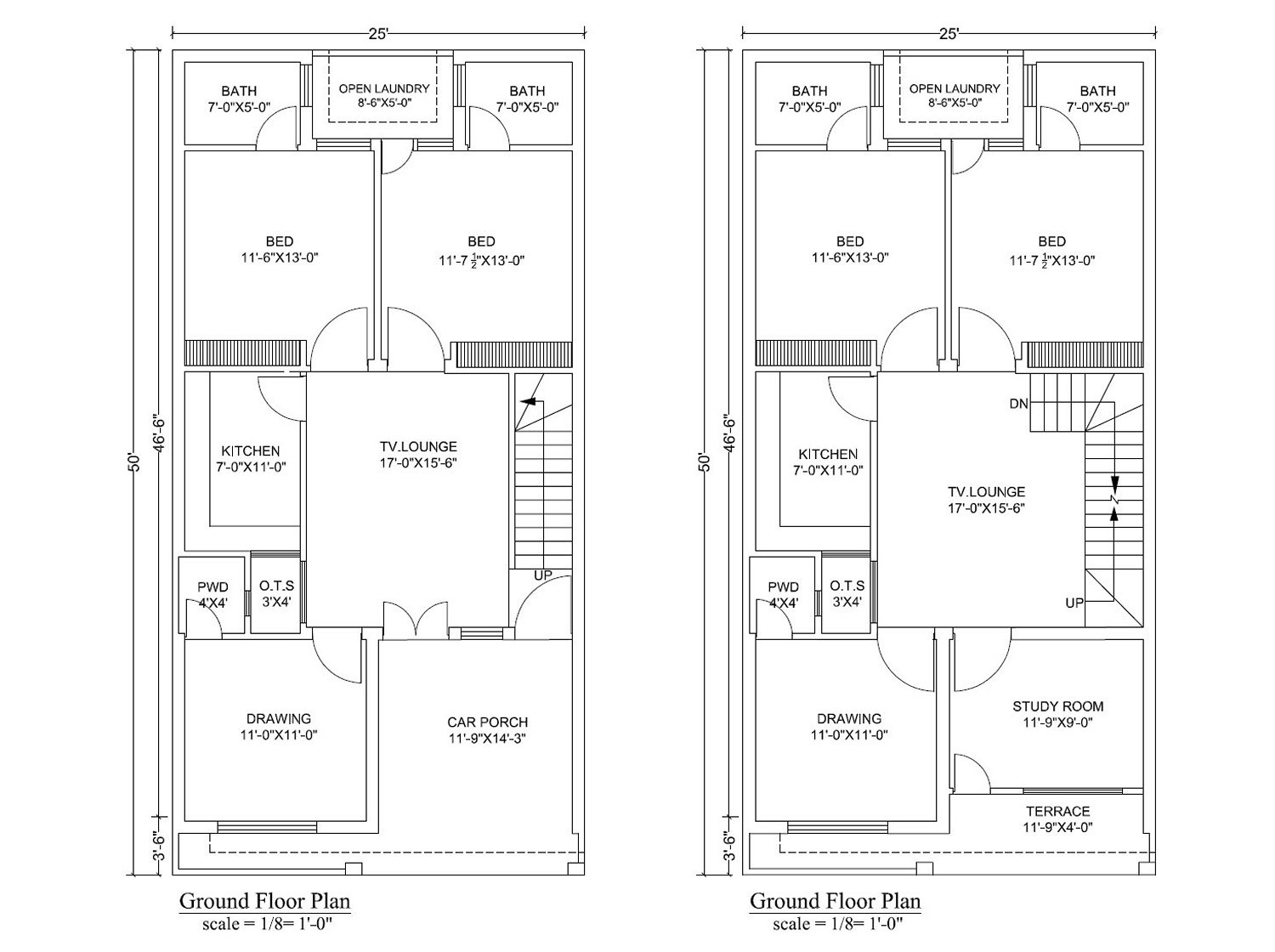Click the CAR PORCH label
(x=487, y=722)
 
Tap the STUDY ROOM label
(x=1057, y=706)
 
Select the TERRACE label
(x=1057, y=811)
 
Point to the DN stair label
(x=1019, y=404)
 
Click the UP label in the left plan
(x=542, y=575)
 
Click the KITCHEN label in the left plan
(x=251, y=450)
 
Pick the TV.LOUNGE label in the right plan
(x=986, y=492)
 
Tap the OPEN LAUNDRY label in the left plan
(x=384, y=88)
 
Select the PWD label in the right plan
(x=783, y=587)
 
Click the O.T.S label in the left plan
(x=276, y=586)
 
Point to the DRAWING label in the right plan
(x=848, y=718)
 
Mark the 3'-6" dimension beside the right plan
(x=730, y=847)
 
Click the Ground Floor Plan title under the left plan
(x=265, y=901)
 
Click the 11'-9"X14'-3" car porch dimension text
(x=487, y=739)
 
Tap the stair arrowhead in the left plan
(x=528, y=401)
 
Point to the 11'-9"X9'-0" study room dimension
(x=1057, y=722)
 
